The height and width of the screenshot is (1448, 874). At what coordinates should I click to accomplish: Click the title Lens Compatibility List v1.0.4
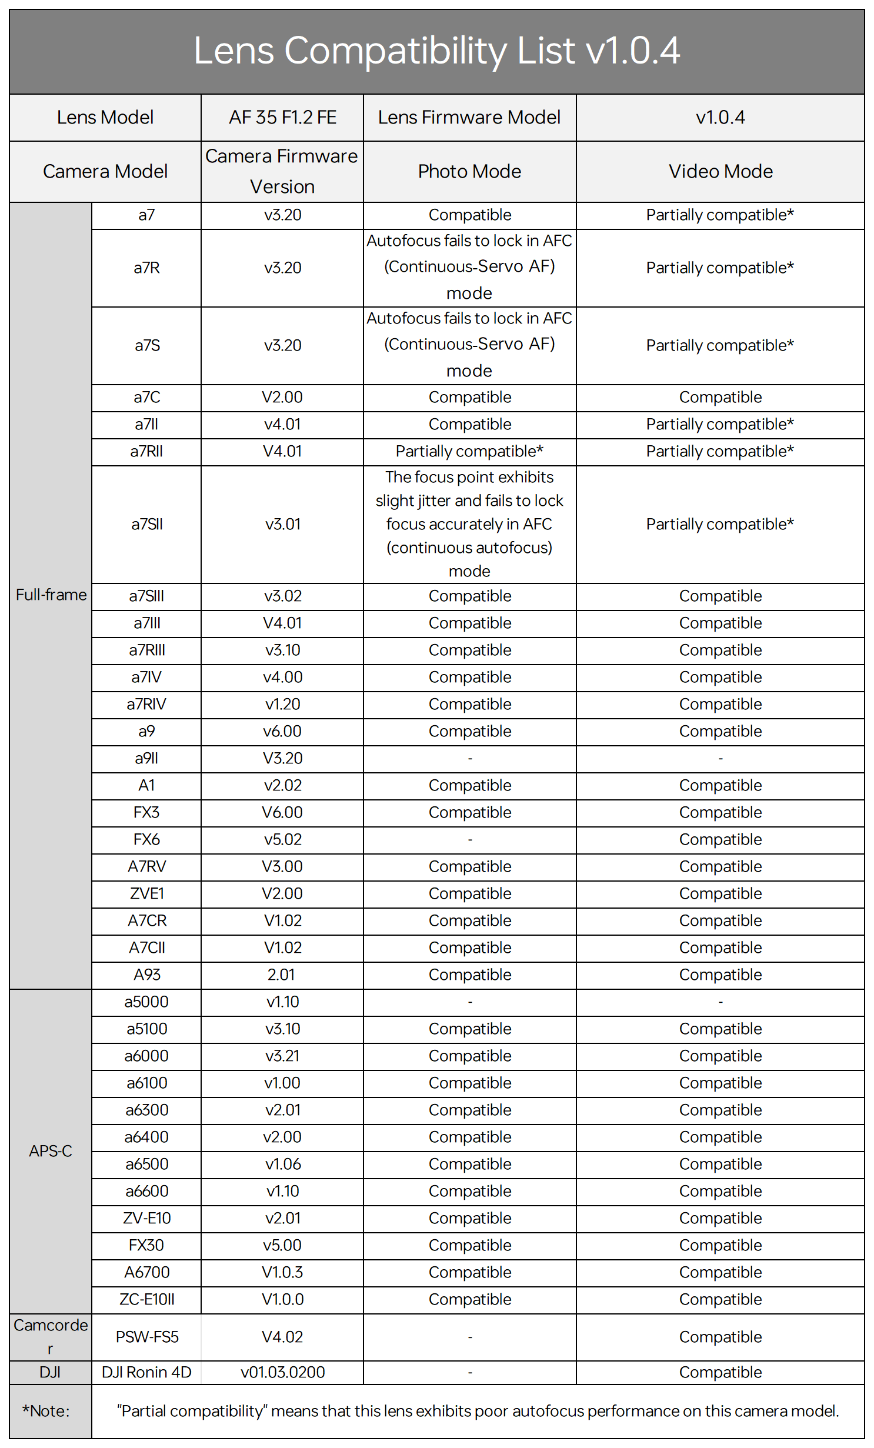click(436, 51)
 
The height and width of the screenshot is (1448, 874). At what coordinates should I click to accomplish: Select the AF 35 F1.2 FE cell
click(282, 118)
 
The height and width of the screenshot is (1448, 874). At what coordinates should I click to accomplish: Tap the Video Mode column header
click(720, 171)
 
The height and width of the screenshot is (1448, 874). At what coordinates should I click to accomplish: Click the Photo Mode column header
click(469, 171)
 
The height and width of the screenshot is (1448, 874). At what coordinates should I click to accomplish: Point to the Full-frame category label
click(51, 595)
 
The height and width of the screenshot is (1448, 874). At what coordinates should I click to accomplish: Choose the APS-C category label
click(51, 1151)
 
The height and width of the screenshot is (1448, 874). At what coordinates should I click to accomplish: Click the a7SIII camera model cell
click(146, 596)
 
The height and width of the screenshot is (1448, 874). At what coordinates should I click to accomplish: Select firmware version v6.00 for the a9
click(282, 732)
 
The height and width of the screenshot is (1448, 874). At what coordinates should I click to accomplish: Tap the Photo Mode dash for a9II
click(469, 759)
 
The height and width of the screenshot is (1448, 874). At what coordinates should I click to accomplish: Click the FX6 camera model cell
click(146, 840)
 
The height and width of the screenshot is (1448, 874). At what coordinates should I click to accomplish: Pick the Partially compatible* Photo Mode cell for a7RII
click(469, 452)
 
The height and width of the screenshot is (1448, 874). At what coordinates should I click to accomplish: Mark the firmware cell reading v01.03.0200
click(282, 1373)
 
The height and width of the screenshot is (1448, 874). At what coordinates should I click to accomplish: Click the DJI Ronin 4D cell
click(146, 1373)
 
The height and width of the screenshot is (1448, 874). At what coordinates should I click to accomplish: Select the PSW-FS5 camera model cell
click(146, 1337)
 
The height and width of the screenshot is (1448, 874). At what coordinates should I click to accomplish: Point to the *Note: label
click(46, 1412)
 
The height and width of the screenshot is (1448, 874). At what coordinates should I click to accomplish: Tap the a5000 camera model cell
click(146, 1002)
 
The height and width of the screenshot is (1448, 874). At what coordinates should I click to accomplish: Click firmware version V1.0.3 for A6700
click(282, 1273)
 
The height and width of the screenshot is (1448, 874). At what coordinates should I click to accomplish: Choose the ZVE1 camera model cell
click(146, 894)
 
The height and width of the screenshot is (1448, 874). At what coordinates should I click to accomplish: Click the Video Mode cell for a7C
click(720, 398)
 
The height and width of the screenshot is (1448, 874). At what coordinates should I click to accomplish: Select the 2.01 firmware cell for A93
click(281, 975)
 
